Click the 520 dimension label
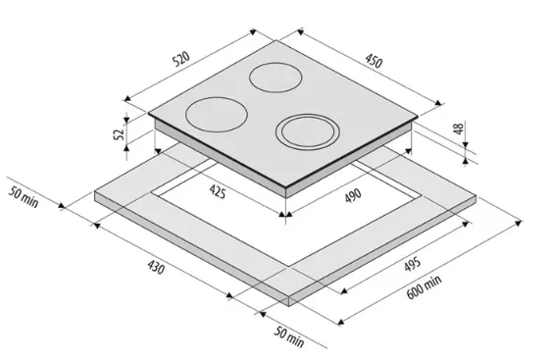point(181,59)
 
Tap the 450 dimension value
point(374,61)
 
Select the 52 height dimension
point(119,133)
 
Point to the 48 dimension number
point(459,129)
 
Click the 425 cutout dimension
point(218,191)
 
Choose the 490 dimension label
point(353,196)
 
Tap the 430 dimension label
point(156,267)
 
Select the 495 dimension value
point(412,264)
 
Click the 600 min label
point(425,286)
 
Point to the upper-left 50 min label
point(24,197)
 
